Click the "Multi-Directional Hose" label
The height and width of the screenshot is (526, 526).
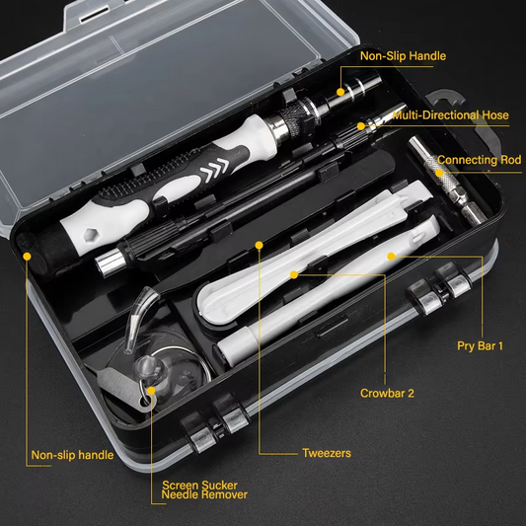pos(450,115)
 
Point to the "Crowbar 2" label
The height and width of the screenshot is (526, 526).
pos(386,392)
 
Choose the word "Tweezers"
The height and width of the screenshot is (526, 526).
pos(327,454)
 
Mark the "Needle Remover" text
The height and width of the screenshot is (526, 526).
pos(204,495)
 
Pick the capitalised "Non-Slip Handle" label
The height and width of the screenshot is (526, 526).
pos(403,56)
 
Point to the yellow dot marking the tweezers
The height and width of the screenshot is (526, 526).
pos(259,244)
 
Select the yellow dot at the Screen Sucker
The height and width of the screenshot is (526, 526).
pos(152,391)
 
